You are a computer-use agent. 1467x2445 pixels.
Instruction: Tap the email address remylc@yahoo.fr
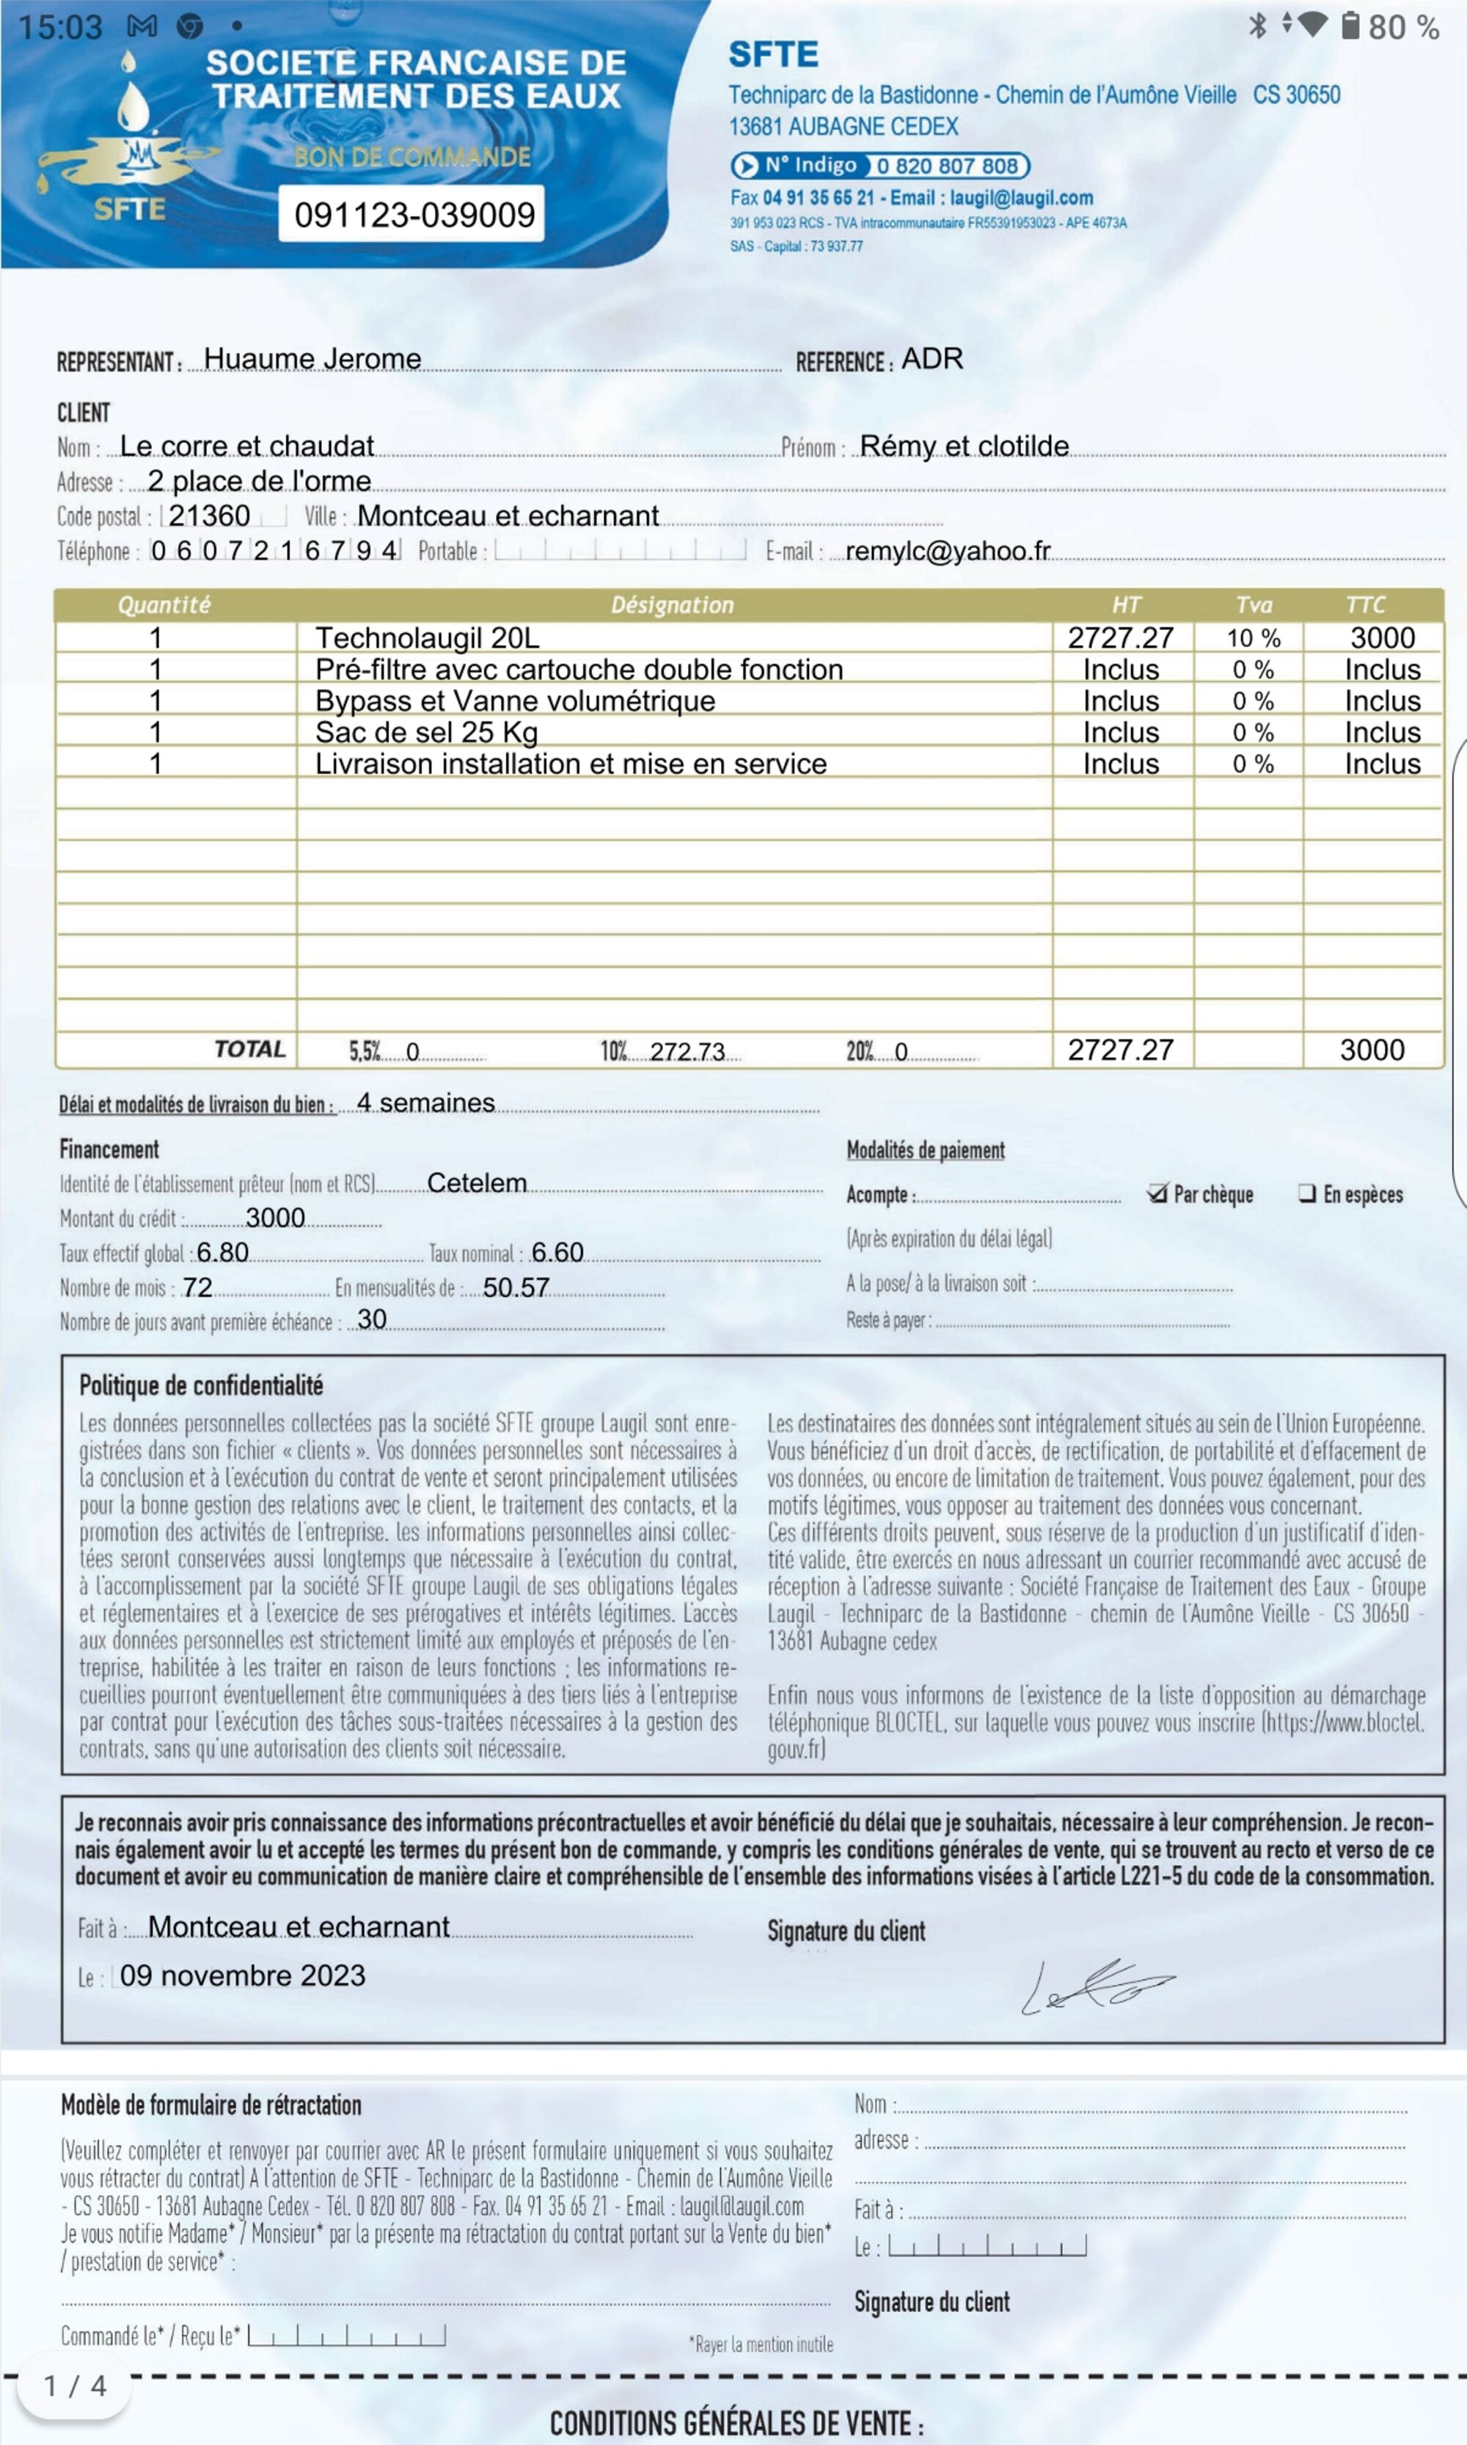[947, 551]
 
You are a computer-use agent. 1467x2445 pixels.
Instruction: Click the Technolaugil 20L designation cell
[427, 637]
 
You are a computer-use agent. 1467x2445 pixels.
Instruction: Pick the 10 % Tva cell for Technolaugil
[1253, 637]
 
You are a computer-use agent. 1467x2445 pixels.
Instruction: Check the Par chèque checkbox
[1157, 1194]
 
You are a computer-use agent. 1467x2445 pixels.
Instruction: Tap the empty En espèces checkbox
[1307, 1194]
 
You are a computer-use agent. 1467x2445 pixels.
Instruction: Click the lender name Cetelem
[477, 1183]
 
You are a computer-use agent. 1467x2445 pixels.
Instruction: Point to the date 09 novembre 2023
[242, 1976]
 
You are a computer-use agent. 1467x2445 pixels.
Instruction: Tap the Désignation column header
[672, 605]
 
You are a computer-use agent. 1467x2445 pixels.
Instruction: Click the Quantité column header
[164, 605]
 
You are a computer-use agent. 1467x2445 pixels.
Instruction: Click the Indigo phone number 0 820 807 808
[947, 166]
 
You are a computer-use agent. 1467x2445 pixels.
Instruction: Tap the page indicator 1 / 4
[75, 2386]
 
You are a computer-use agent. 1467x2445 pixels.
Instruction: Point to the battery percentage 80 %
[1402, 26]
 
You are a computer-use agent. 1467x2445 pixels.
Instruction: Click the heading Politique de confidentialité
[201, 1385]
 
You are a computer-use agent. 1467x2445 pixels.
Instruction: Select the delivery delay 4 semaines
[425, 1103]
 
